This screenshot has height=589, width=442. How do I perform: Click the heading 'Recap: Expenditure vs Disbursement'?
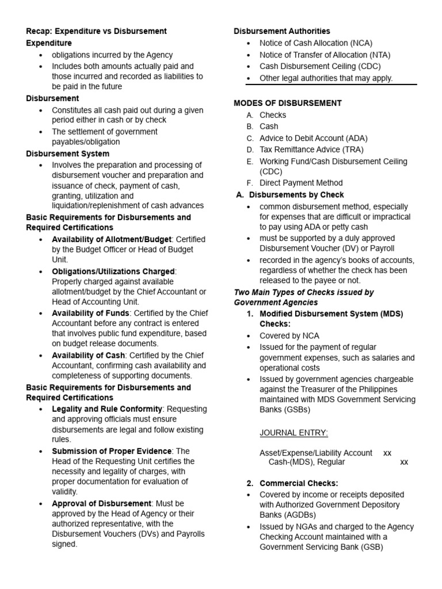pos(96,31)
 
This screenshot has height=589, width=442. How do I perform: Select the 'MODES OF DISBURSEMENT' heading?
pos(287,103)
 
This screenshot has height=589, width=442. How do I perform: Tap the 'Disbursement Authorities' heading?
pos(281,31)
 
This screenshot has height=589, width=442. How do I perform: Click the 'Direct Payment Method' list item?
pos(300,183)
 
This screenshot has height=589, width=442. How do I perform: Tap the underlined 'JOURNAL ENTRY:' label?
pos(294,433)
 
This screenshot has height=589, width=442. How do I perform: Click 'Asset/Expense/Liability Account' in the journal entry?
pos(315,453)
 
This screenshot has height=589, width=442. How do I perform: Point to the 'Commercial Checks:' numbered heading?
pos(299,483)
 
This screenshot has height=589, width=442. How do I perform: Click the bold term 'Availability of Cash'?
pos(89,355)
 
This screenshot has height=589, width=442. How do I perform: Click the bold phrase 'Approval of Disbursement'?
pos(101,503)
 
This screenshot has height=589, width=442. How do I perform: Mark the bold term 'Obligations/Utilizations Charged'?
pos(113,271)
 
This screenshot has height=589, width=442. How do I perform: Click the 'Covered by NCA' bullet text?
pos(289,336)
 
